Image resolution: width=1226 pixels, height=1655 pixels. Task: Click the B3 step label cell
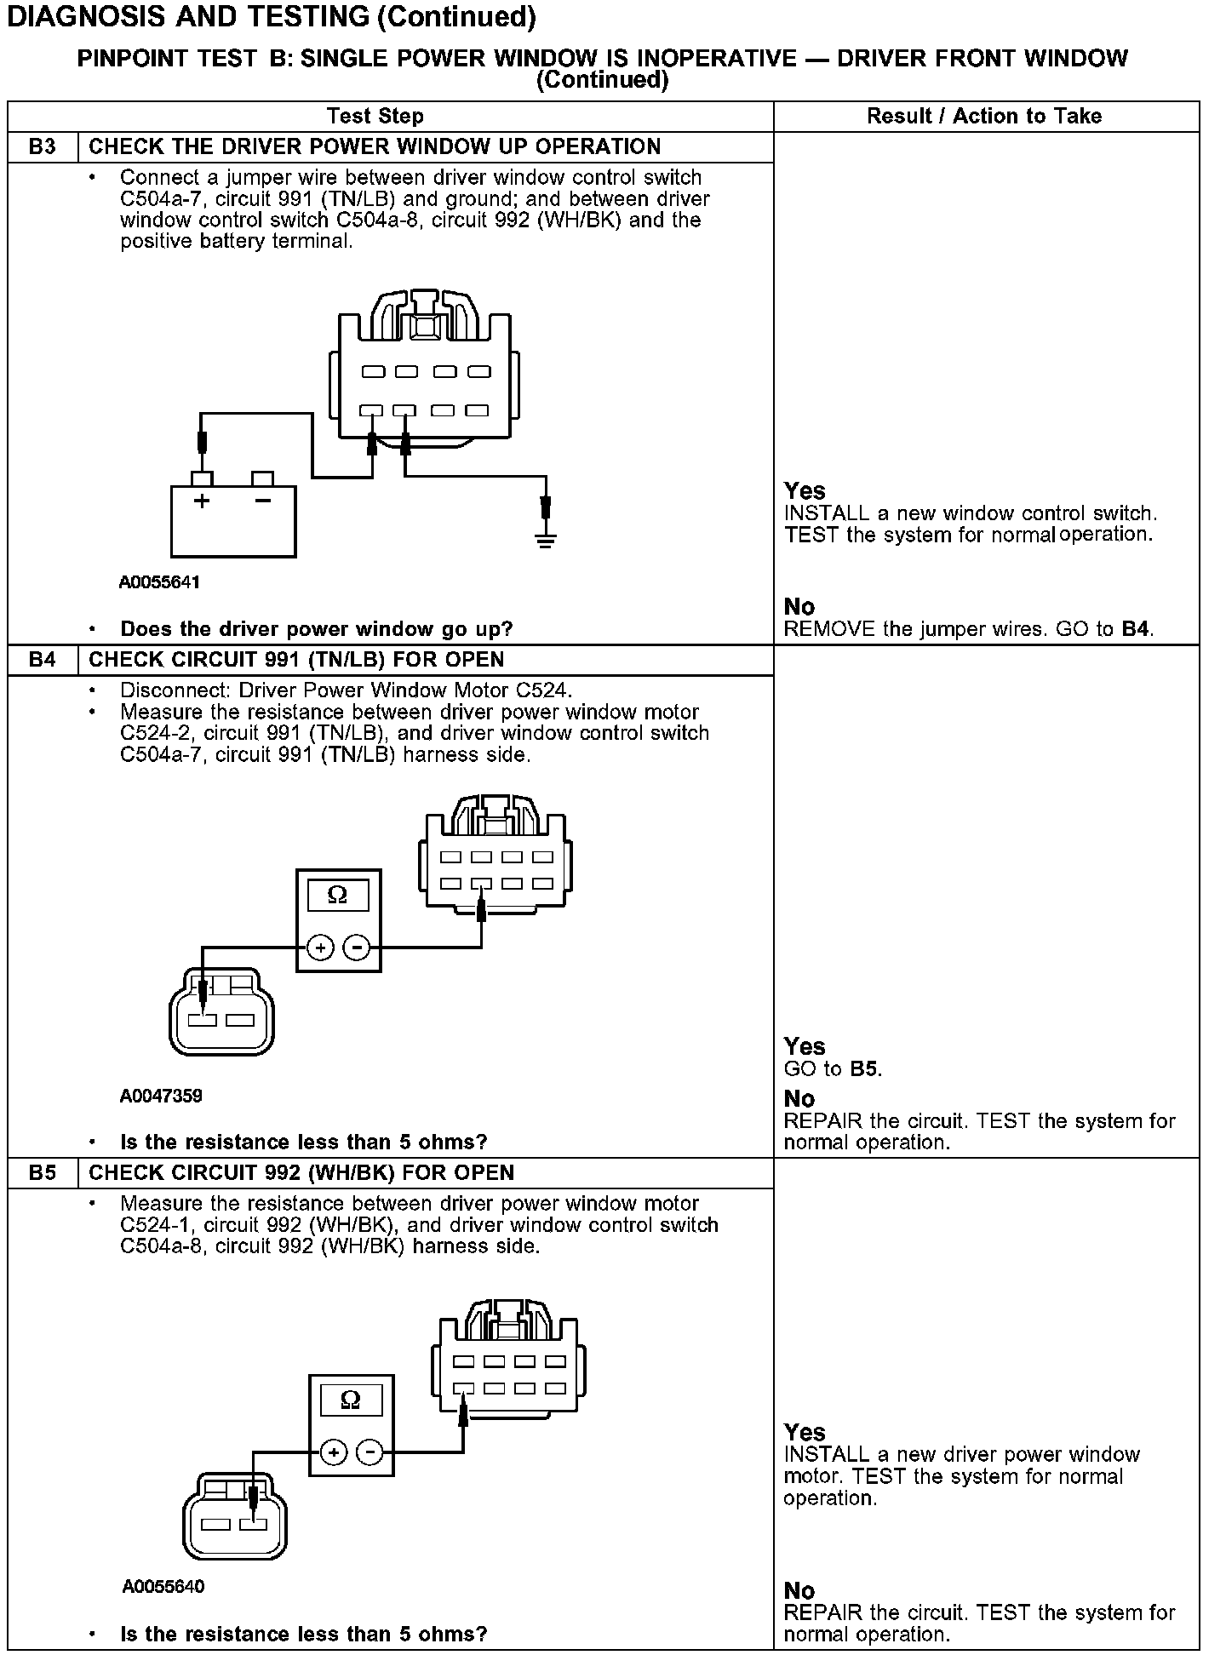(42, 146)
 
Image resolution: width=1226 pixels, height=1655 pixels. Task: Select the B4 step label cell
(42, 660)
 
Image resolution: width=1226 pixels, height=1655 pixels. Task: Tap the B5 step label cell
(42, 1172)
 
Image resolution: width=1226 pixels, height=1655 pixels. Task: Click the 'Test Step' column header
(375, 116)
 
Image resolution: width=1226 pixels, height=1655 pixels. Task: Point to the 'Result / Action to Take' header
(984, 116)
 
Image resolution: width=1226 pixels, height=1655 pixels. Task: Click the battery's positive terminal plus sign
(202, 501)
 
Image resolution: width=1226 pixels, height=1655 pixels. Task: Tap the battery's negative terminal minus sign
(263, 501)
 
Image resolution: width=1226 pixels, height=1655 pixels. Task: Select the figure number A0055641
(159, 583)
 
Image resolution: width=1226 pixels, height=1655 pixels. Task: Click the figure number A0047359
(161, 1096)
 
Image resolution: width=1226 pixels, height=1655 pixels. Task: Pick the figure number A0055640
(163, 1586)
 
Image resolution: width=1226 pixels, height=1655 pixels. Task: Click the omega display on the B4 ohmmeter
(337, 895)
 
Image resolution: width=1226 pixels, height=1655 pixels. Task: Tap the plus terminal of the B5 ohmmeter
(334, 1452)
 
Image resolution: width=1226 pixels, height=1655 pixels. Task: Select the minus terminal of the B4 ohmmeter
(357, 947)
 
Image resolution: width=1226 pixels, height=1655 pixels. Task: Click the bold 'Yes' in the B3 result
(805, 491)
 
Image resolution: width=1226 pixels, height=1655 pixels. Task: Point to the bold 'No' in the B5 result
(799, 1590)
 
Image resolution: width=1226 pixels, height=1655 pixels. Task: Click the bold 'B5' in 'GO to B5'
(863, 1068)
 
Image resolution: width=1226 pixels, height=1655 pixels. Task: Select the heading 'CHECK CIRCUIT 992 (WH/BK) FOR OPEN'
(301, 1172)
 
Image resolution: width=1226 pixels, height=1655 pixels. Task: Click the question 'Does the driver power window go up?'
(317, 629)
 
